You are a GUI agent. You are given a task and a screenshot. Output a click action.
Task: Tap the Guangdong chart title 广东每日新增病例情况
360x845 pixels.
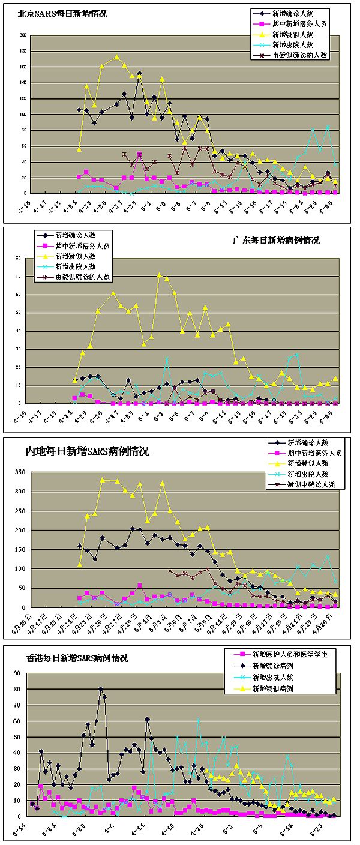click(276, 241)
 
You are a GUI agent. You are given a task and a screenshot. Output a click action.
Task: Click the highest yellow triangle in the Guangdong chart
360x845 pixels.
click(160, 275)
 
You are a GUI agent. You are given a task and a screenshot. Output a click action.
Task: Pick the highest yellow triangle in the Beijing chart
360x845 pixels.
click(117, 57)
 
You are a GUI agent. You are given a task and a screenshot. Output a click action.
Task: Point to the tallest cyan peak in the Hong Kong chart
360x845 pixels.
click(198, 718)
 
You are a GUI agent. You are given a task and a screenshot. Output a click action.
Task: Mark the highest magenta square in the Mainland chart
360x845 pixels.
click(140, 585)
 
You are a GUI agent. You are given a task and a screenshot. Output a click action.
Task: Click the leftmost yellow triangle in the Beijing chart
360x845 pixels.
click(79, 148)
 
